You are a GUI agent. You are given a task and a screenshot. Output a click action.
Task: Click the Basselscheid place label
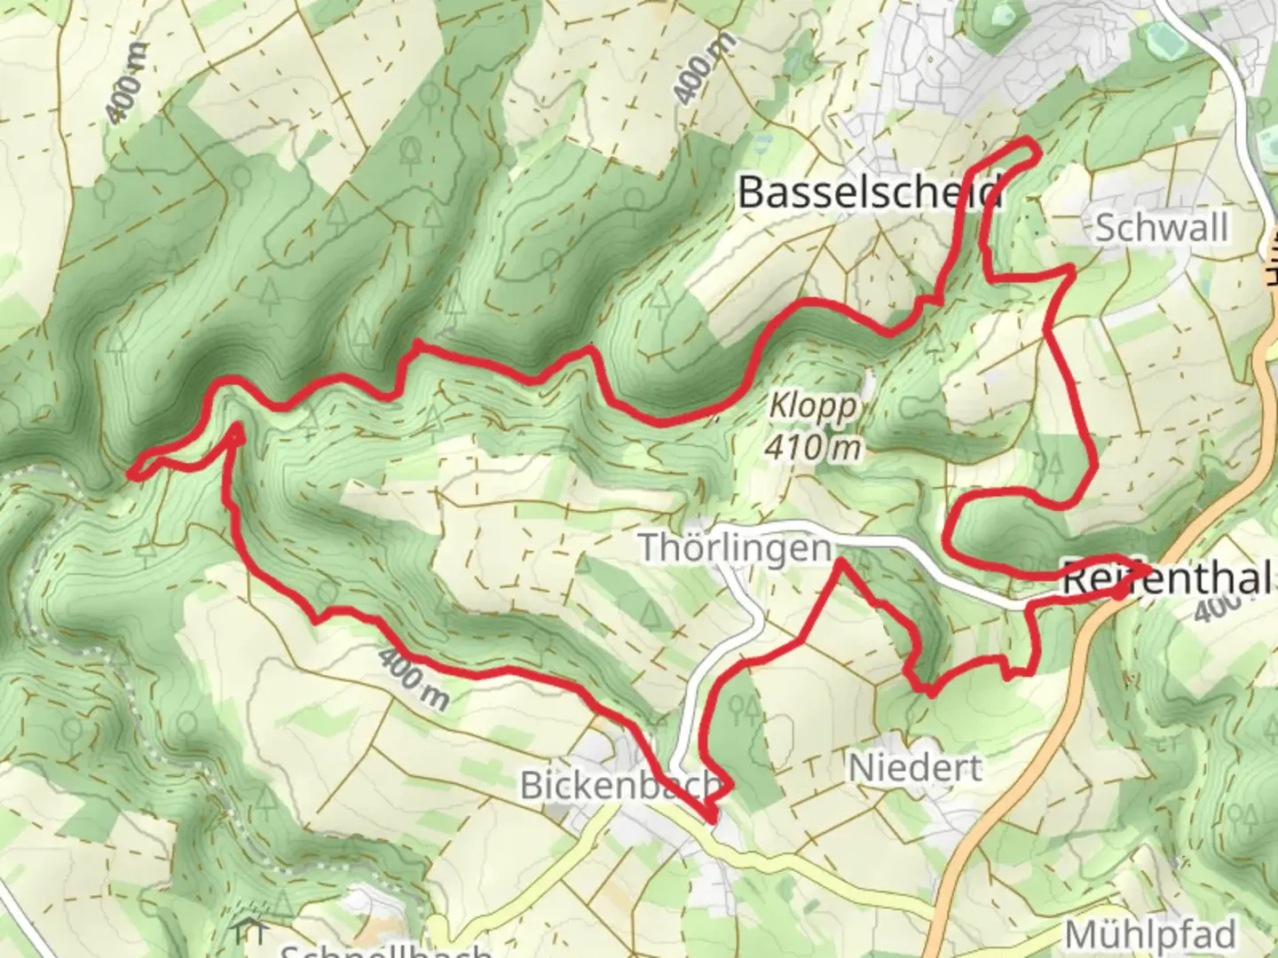[870, 192]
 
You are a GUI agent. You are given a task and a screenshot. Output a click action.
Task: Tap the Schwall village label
[1162, 228]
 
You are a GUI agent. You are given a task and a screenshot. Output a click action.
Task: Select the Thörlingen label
[736, 547]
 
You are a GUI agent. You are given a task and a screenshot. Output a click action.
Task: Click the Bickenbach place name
[619, 785]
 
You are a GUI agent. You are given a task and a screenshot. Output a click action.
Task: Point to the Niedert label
[916, 767]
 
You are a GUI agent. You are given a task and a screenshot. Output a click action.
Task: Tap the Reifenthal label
[1167, 579]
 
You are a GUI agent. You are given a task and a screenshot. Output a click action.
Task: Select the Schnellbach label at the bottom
[386, 951]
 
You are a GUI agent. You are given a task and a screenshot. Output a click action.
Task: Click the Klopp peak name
[814, 407]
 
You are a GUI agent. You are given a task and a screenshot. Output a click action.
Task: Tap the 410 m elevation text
[813, 448]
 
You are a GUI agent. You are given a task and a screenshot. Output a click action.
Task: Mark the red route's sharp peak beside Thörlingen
[839, 562]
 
